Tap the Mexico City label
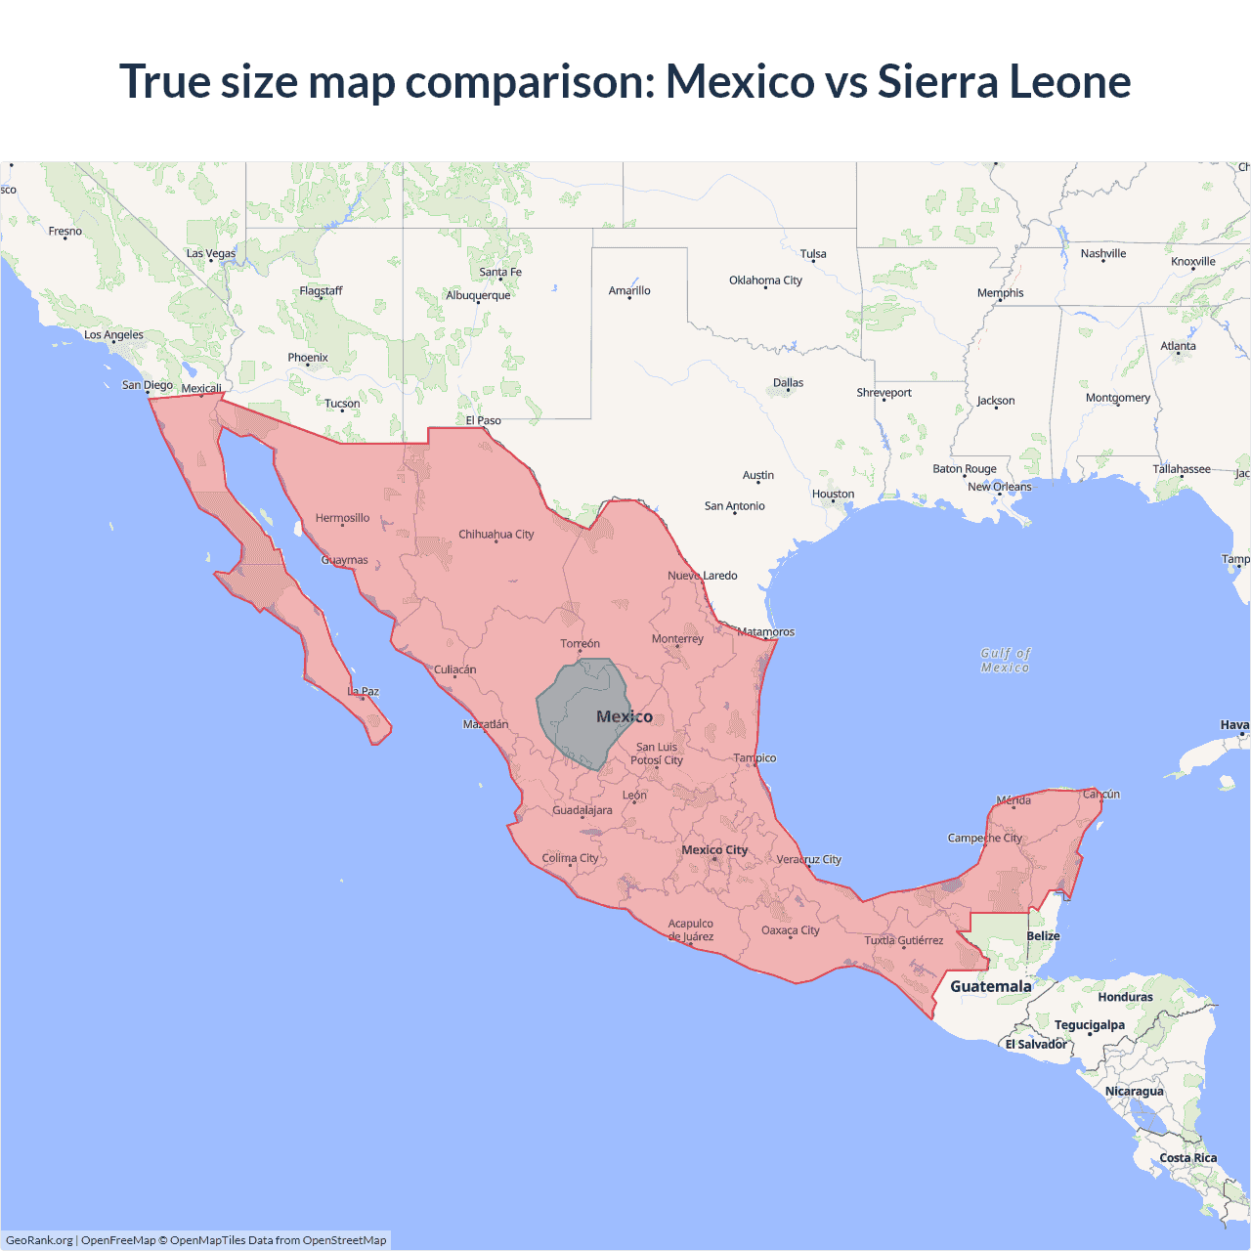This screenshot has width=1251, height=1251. click(x=714, y=849)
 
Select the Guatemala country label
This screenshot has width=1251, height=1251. click(x=990, y=986)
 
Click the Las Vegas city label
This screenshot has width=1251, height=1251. click(x=211, y=253)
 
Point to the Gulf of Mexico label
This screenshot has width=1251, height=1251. click(x=1006, y=660)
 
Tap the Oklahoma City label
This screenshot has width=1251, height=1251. click(x=765, y=280)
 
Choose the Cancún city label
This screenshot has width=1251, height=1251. click(x=1101, y=794)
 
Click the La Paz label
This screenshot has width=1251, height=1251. click(x=364, y=691)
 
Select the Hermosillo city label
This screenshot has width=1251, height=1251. click(x=342, y=518)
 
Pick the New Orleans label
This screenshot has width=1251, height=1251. click(x=999, y=486)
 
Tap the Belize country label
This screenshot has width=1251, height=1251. click(x=1043, y=935)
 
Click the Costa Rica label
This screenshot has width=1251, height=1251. click(x=1187, y=1157)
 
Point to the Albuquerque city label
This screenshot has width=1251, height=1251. click(x=478, y=295)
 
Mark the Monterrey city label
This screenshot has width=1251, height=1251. click(x=677, y=638)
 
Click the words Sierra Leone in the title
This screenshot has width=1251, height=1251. click(x=1004, y=81)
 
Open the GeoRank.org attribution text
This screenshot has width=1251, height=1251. click(x=39, y=1240)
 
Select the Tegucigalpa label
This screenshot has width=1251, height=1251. click(x=1089, y=1024)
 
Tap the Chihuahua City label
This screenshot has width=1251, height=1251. click(x=496, y=534)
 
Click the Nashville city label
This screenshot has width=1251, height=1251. click(x=1102, y=253)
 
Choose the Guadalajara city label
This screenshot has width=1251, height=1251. click(x=582, y=809)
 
